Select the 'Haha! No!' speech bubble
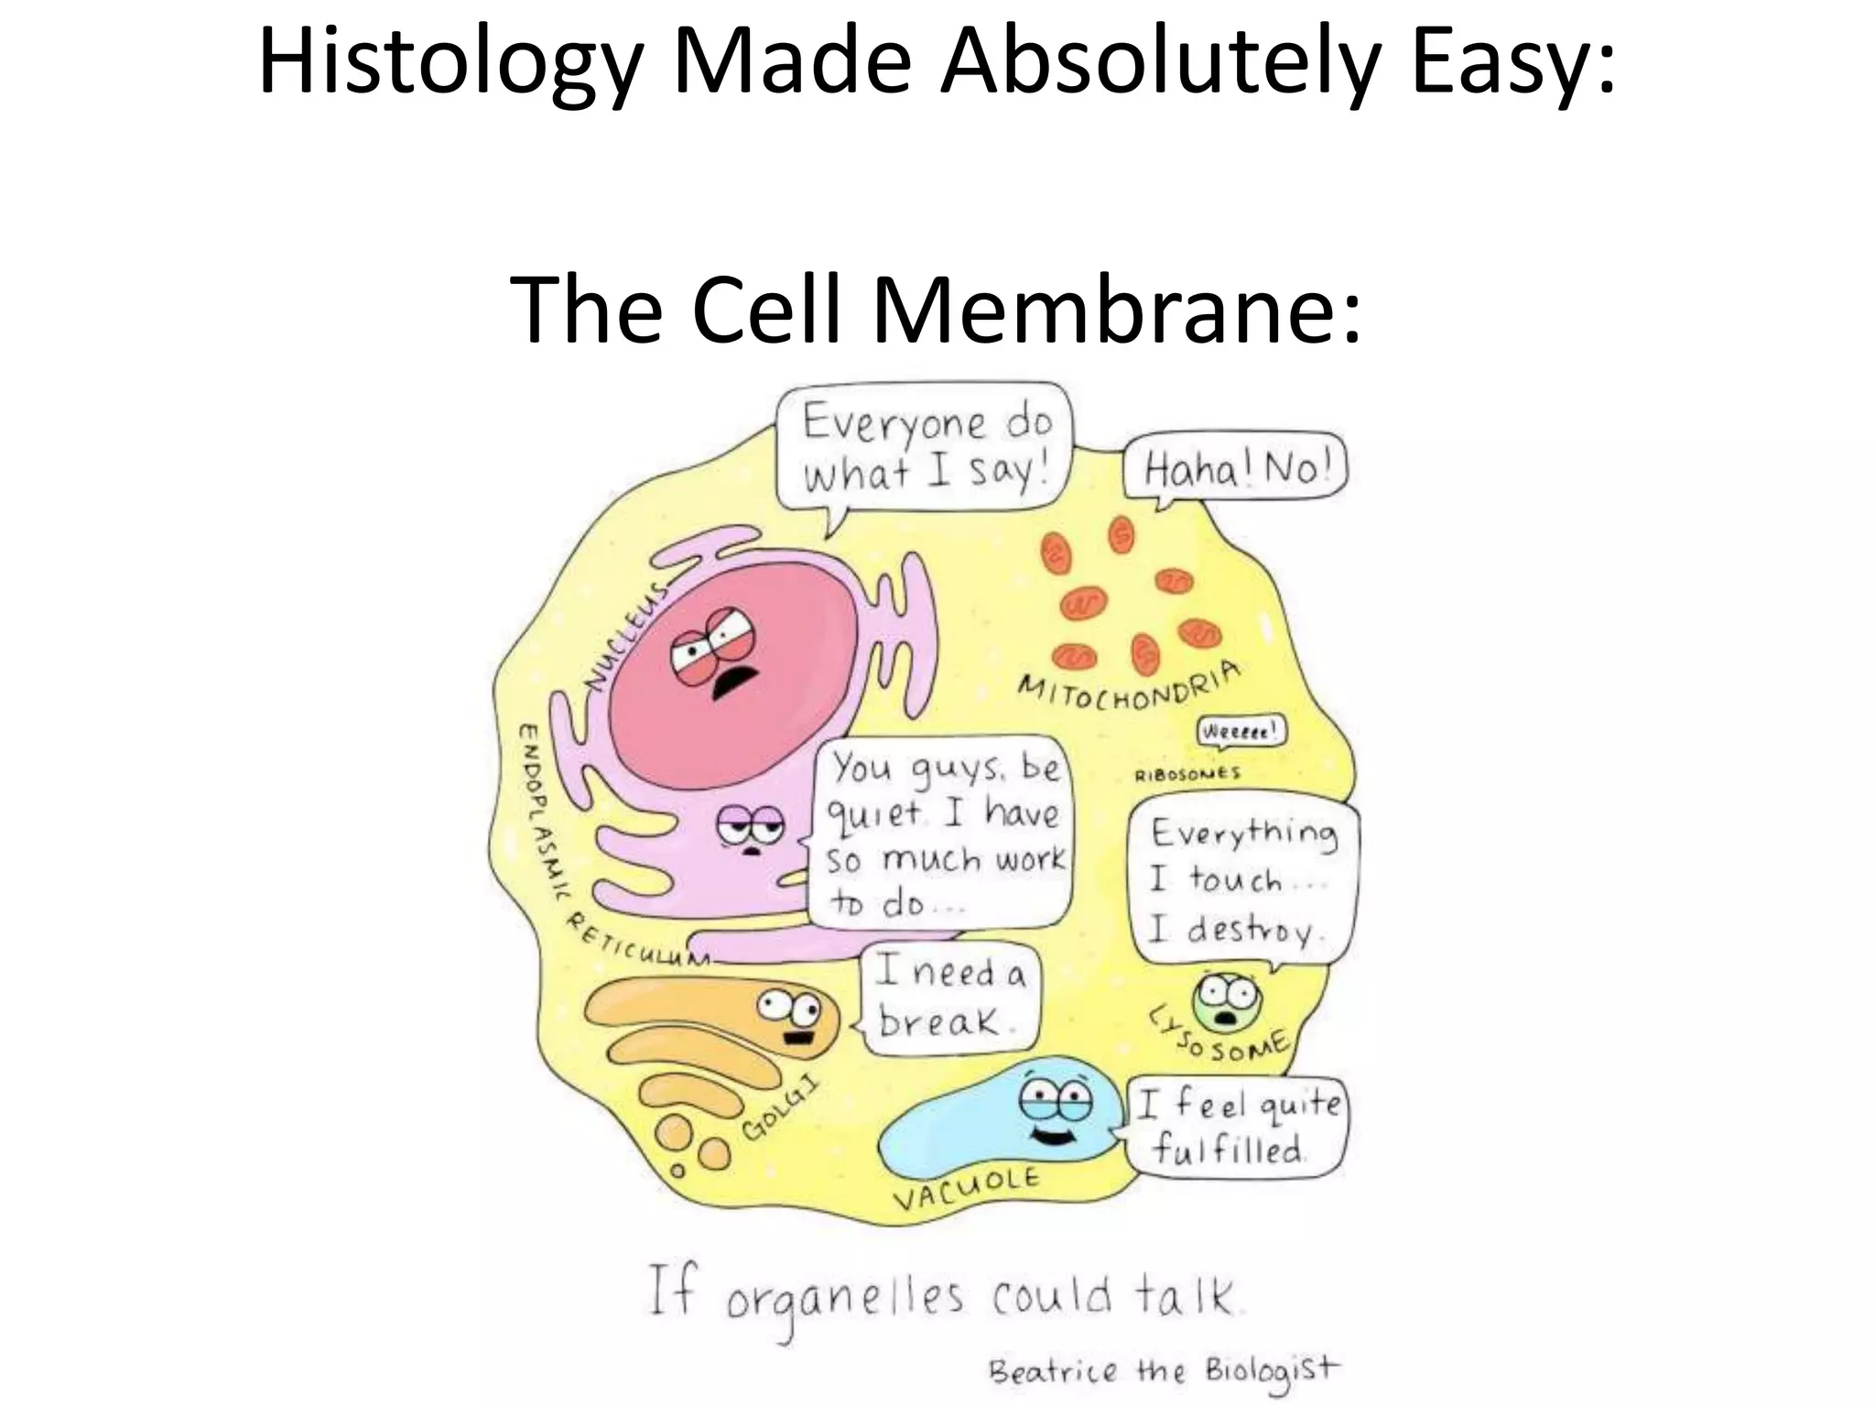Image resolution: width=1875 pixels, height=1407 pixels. click(x=1234, y=472)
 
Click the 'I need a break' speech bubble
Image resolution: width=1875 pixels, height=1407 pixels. click(x=949, y=998)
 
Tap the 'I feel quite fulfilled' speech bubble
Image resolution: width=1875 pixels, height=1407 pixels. click(x=1237, y=1126)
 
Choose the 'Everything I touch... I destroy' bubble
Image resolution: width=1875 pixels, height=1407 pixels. click(x=1243, y=881)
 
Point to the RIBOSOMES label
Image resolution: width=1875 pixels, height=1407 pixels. click(x=1187, y=775)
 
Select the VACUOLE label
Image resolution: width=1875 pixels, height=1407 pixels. click(x=967, y=1188)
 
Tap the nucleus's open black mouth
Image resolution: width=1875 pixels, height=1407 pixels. click(x=733, y=683)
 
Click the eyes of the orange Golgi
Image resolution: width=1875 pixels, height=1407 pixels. click(x=788, y=1009)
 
